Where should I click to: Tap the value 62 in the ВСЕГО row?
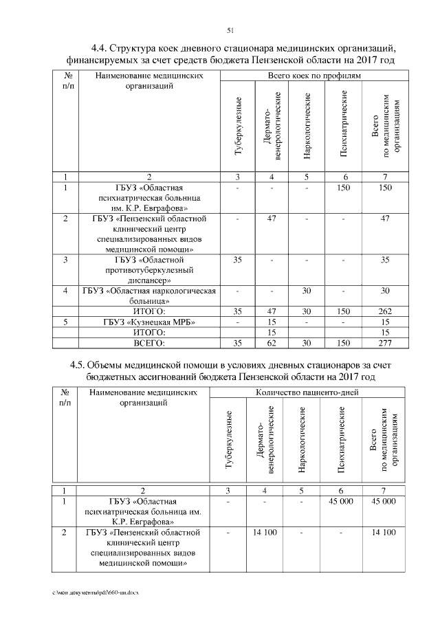click(x=271, y=342)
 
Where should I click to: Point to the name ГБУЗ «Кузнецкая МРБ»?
click(x=150, y=322)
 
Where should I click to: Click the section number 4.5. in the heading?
click(x=81, y=366)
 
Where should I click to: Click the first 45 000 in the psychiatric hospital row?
click(x=341, y=502)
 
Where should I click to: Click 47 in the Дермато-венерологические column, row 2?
click(x=271, y=219)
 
